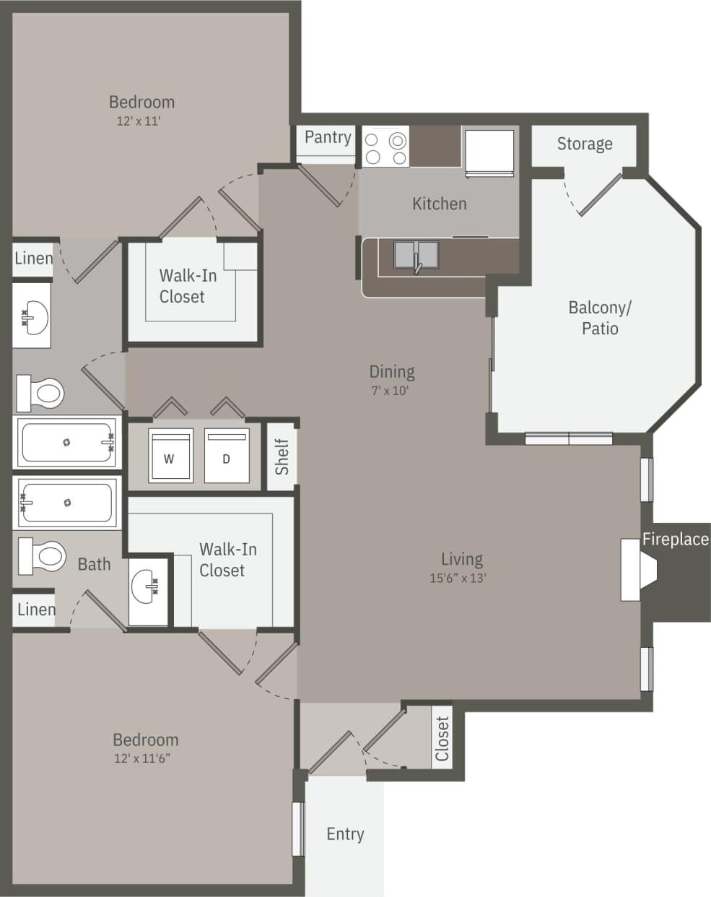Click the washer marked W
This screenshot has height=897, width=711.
pyautogui.click(x=170, y=456)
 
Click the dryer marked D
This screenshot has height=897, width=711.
pyautogui.click(x=226, y=456)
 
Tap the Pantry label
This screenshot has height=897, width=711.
pyautogui.click(x=328, y=137)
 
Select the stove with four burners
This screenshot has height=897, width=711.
pyautogui.click(x=385, y=147)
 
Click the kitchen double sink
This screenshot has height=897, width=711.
pyautogui.click(x=416, y=256)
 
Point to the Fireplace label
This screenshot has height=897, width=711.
pyautogui.click(x=676, y=539)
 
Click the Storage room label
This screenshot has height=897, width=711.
pyautogui.click(x=585, y=144)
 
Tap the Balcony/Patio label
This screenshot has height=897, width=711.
pyautogui.click(x=600, y=318)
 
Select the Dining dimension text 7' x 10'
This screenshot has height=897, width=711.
pyautogui.click(x=391, y=391)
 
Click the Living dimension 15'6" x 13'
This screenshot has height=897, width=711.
pyautogui.click(x=458, y=578)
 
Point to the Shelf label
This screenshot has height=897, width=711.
pyautogui.click(x=282, y=456)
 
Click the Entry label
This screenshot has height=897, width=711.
pyautogui.click(x=345, y=834)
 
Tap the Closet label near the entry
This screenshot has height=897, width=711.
pyautogui.click(x=442, y=738)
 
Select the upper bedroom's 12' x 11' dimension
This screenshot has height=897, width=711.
pyautogui.click(x=139, y=121)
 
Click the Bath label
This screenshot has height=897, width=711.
pyautogui.click(x=95, y=564)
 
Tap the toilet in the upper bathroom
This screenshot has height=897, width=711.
pyautogui.click(x=41, y=393)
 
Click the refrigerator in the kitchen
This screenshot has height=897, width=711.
pyautogui.click(x=489, y=152)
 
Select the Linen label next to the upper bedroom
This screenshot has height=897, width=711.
pyautogui.click(x=33, y=258)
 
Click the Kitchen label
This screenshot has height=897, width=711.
pyautogui.click(x=439, y=204)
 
